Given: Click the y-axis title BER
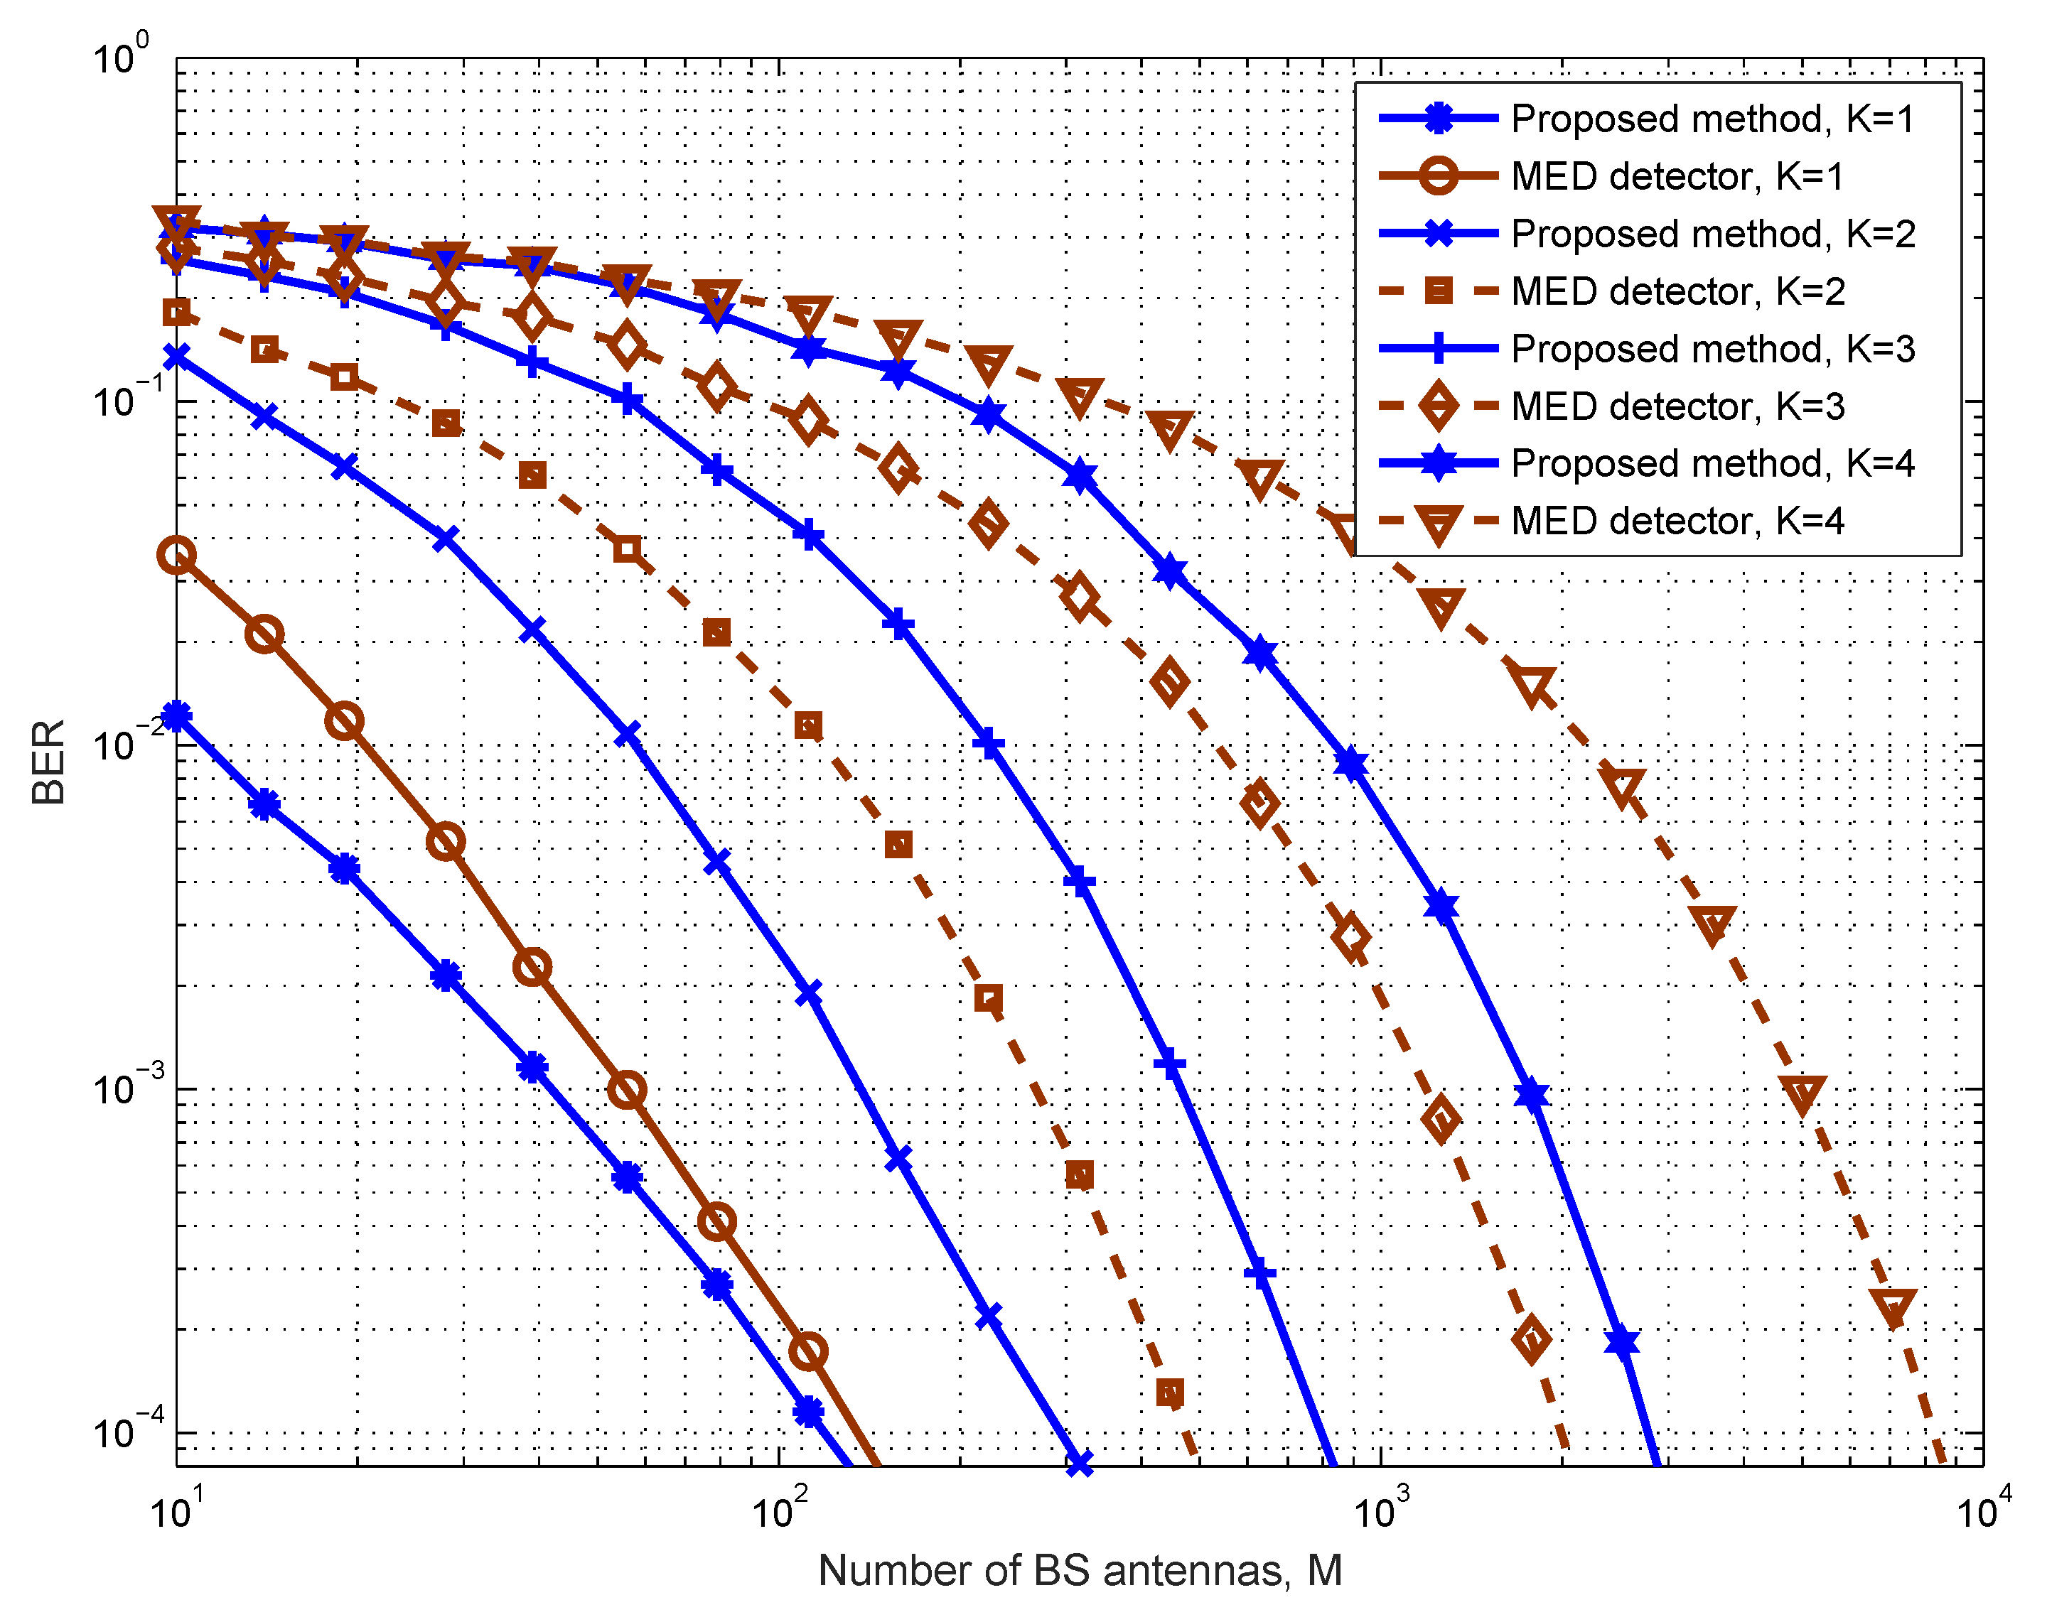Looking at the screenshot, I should click(48, 762).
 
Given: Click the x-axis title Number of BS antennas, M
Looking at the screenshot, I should click(1080, 1571).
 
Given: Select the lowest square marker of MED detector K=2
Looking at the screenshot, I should click(1170, 1393).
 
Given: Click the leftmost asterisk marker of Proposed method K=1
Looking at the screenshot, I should click(176, 715).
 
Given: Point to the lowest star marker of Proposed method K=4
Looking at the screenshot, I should click(1622, 1342).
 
